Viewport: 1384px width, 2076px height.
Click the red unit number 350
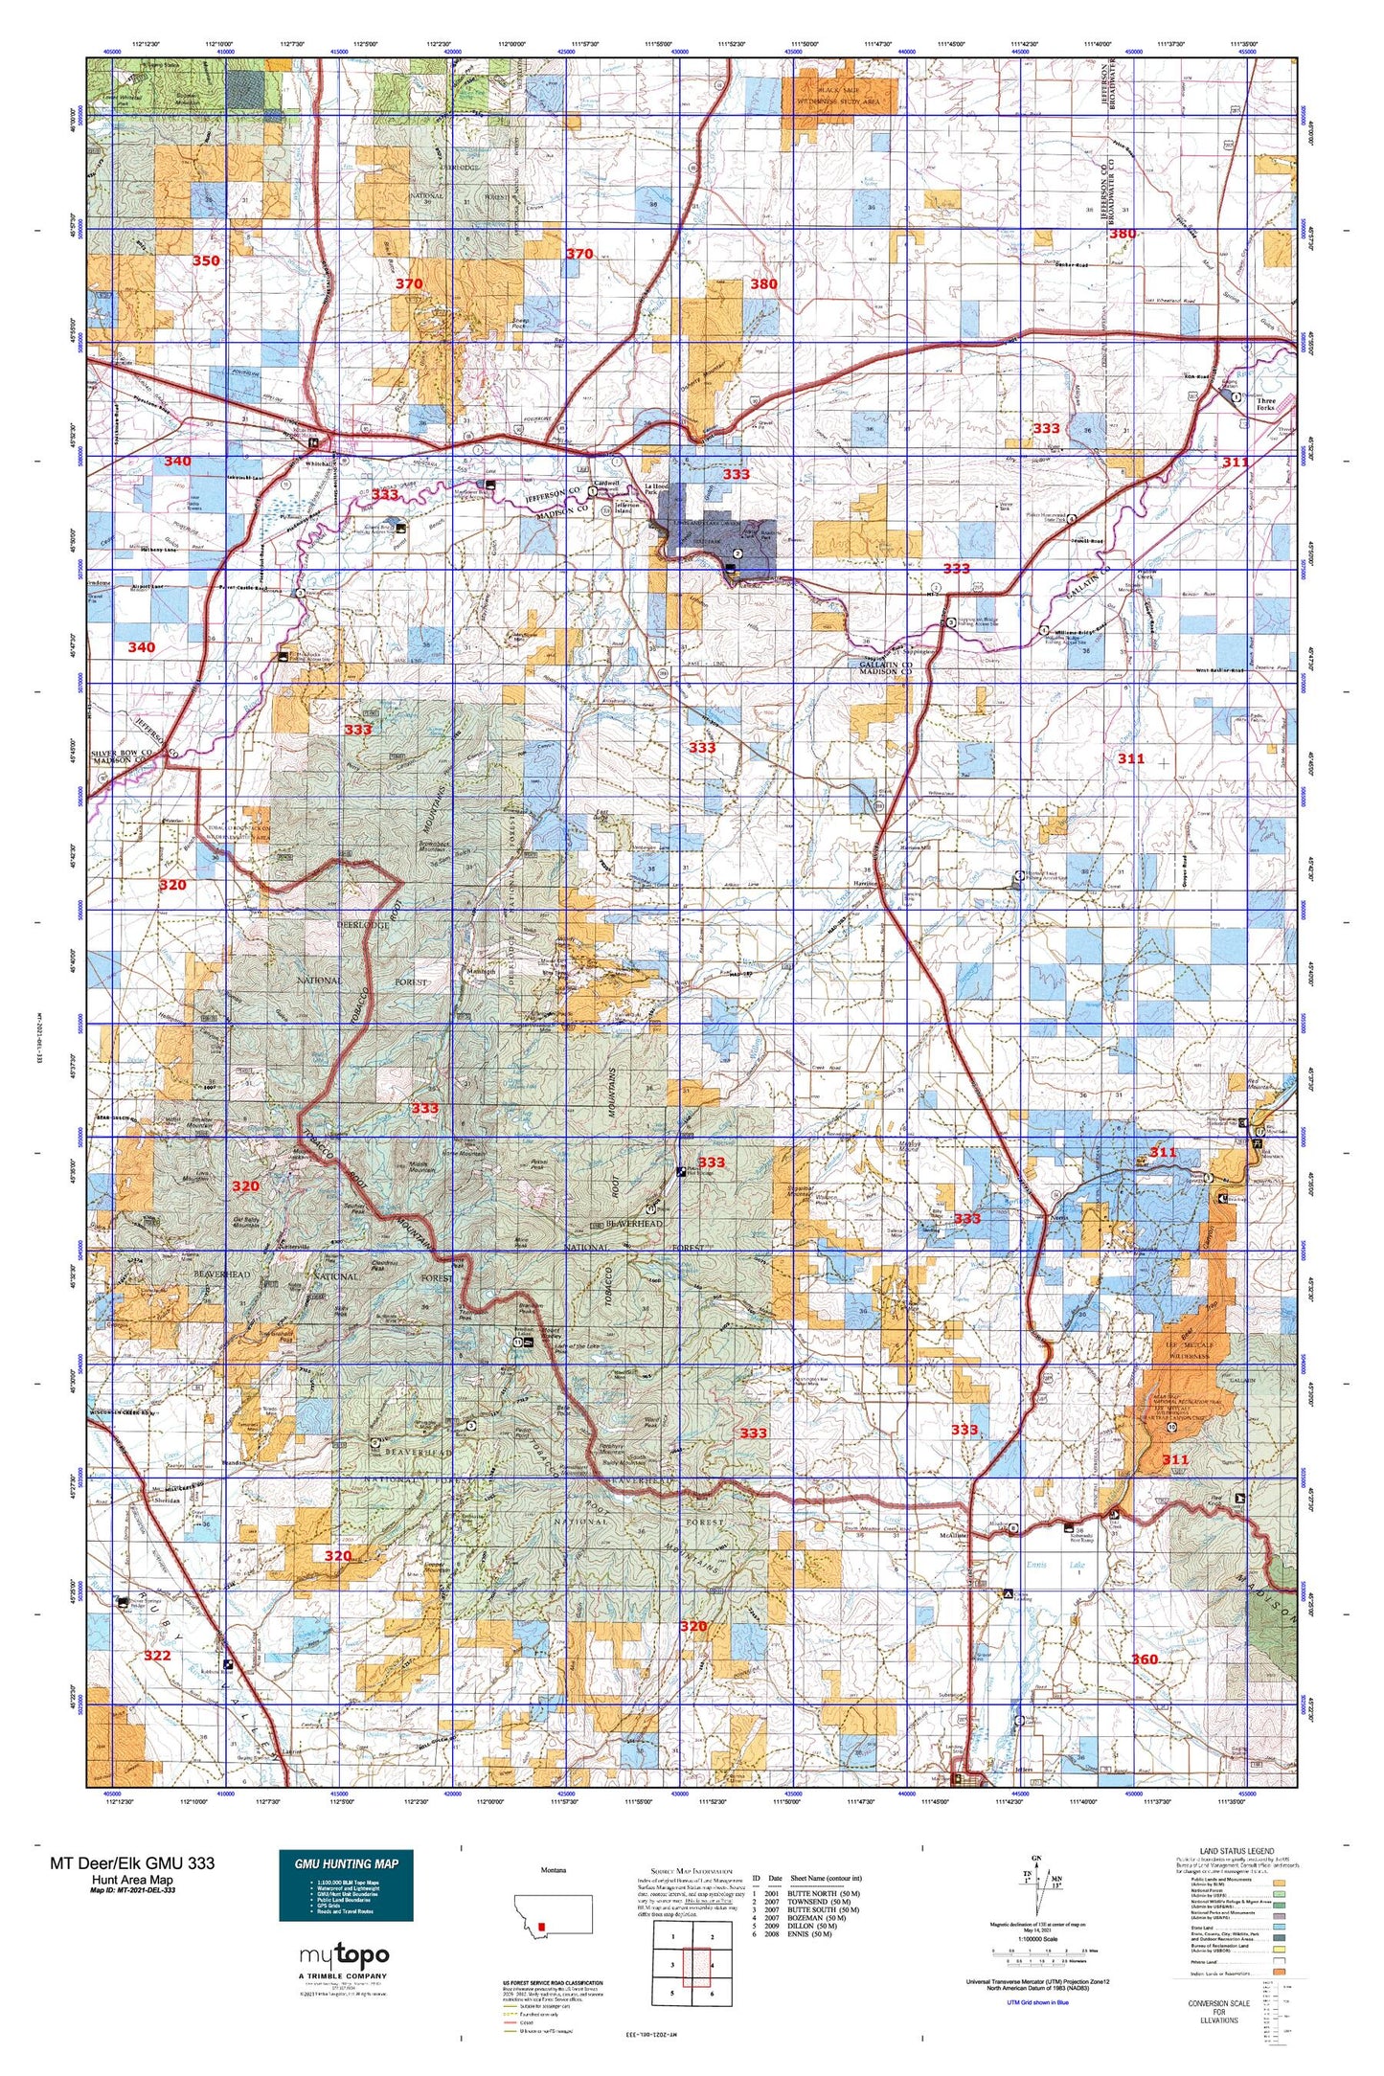point(206,260)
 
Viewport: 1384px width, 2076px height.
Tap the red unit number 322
point(157,1655)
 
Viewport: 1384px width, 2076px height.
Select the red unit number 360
point(1145,1659)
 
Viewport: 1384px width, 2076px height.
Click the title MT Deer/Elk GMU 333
point(132,1862)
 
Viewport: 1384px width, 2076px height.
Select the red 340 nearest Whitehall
point(177,461)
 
